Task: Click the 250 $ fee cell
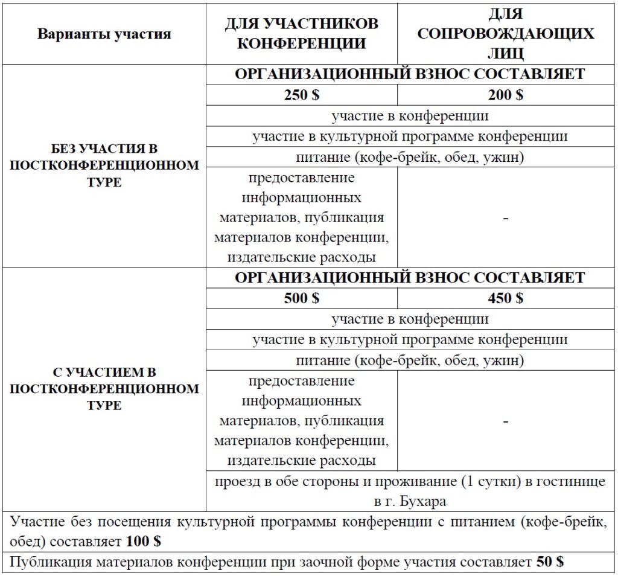coord(301,95)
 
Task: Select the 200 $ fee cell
coord(506,95)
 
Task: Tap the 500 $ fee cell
coord(301,298)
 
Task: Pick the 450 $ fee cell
coord(506,298)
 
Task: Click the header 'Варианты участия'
coord(104,34)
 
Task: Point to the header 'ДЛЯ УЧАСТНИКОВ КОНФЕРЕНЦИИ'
coord(301,33)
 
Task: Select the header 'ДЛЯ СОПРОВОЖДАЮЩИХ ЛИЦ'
coord(506,33)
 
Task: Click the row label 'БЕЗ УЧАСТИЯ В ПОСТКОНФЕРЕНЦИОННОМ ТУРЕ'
coord(104,165)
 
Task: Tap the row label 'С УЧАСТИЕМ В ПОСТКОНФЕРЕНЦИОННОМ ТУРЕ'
coord(104,388)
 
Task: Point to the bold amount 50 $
coord(549,562)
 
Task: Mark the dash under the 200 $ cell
coord(506,218)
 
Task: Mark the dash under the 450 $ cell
coord(506,421)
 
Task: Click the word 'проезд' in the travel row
coord(237,482)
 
